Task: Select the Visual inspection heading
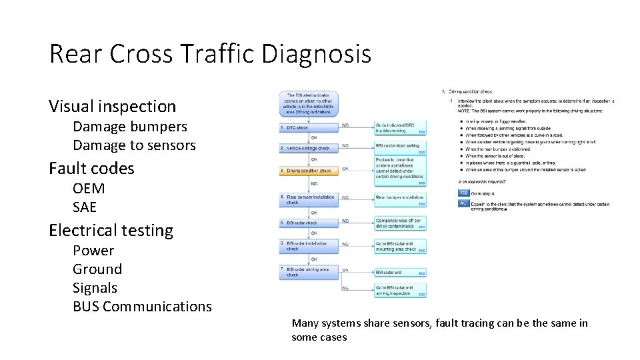point(112,106)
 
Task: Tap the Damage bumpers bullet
point(129,126)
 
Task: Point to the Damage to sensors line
point(134,145)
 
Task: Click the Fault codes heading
point(91,169)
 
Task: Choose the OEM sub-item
point(89,188)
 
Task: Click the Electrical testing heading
point(111,231)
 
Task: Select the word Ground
point(97,269)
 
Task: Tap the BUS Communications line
point(142,307)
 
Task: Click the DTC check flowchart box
point(309,127)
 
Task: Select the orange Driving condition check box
point(309,171)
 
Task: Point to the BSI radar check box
point(309,223)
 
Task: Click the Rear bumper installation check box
point(309,198)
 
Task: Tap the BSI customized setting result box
point(399,147)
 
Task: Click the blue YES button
point(463,193)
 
